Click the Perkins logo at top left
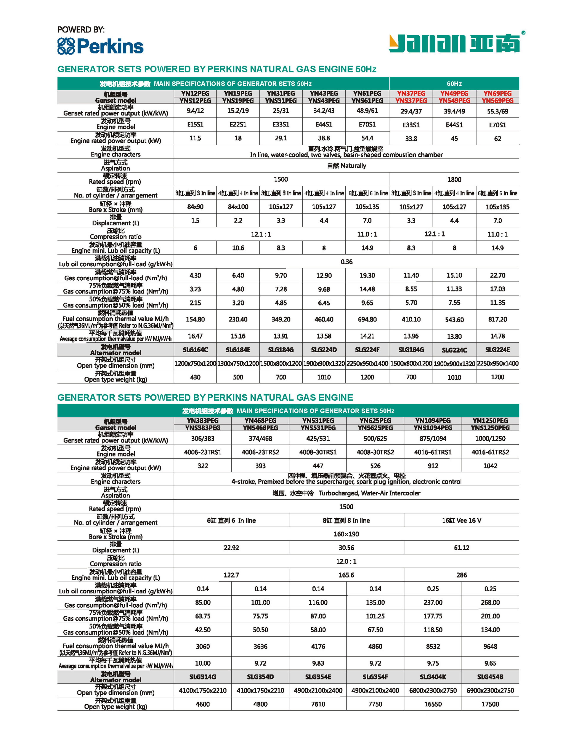point(100,46)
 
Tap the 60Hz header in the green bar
point(454,84)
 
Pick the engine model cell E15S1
point(195,124)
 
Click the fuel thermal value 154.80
point(195,319)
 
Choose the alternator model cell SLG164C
point(195,350)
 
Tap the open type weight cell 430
point(195,377)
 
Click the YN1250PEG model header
point(490,420)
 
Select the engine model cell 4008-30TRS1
point(318,452)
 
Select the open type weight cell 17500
point(490,704)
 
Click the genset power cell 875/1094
point(433,438)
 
